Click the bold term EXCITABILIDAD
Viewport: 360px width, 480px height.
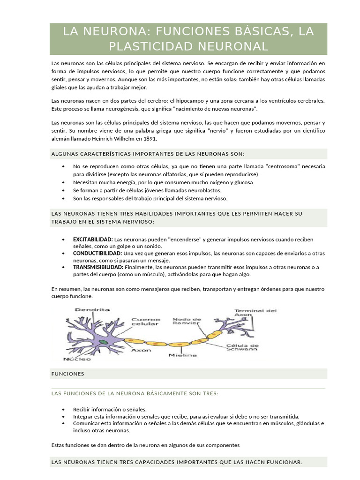click(x=93, y=240)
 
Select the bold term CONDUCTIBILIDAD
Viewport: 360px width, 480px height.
click(x=96, y=253)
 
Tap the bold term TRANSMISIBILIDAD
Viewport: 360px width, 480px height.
click(x=98, y=267)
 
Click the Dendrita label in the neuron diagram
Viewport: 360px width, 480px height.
click(x=92, y=310)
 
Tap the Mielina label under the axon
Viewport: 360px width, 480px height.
click(x=183, y=355)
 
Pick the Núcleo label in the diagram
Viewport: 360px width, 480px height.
click(x=76, y=359)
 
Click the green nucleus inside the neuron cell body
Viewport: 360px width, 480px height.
click(x=103, y=342)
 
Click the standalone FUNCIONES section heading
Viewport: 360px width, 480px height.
click(x=68, y=374)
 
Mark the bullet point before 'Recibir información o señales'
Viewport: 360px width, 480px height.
click(x=63, y=409)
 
